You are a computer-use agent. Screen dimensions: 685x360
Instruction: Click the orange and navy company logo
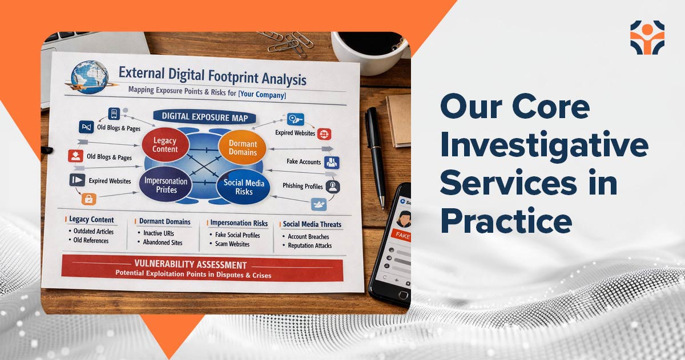click(647, 38)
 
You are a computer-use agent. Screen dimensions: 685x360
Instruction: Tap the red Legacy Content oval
click(166, 144)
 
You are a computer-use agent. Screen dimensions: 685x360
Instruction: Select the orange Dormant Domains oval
click(243, 148)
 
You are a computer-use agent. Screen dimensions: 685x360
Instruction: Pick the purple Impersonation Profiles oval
click(166, 184)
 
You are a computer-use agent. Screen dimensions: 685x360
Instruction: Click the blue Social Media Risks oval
click(243, 187)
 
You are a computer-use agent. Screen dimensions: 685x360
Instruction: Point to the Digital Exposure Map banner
click(204, 118)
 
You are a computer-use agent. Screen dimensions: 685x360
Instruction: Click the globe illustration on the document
click(89, 76)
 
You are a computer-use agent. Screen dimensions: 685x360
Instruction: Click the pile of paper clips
click(286, 43)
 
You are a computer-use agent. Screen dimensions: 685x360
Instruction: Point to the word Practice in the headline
click(506, 221)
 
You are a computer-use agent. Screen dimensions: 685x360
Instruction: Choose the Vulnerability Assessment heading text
click(191, 264)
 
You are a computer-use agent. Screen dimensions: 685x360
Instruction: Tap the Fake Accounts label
click(304, 161)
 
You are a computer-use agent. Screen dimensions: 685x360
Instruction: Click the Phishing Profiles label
click(303, 186)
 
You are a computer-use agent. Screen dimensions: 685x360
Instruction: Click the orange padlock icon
click(89, 199)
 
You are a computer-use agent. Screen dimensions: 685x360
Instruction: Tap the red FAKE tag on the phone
click(401, 235)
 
